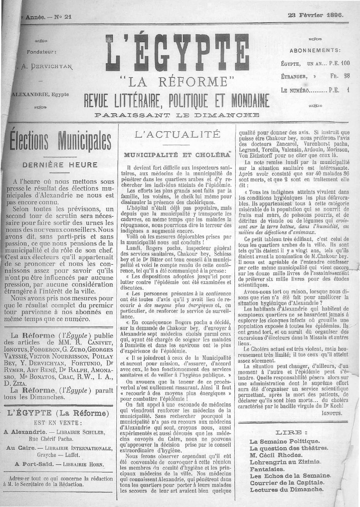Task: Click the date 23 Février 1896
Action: click(x=315, y=15)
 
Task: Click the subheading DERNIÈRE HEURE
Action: click(x=60, y=165)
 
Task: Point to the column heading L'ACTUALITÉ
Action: click(x=177, y=134)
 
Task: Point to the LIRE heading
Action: click(x=292, y=433)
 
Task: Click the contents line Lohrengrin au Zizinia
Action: click(x=285, y=462)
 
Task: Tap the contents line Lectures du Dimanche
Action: click(x=286, y=490)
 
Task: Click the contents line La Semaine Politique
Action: click(x=285, y=441)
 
